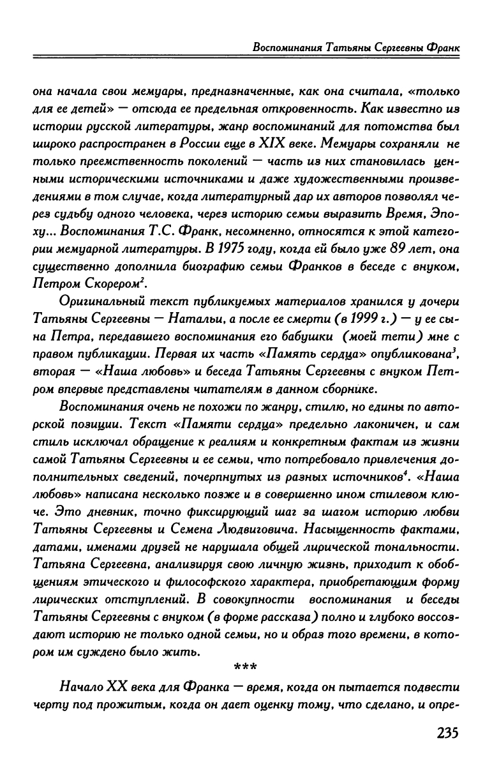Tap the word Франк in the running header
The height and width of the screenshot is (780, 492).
(443, 48)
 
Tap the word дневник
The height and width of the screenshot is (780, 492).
(114, 511)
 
